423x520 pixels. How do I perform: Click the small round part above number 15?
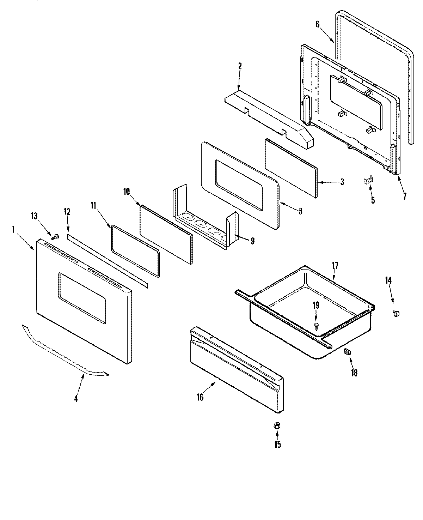click(277, 426)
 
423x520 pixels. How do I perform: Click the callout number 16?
click(200, 397)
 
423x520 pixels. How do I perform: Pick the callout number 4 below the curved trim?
click(76, 399)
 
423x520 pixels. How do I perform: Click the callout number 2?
click(240, 66)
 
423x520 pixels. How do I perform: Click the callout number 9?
click(252, 241)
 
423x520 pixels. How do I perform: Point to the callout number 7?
click(404, 196)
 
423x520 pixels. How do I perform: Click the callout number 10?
click(127, 192)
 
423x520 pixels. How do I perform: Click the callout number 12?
click(67, 212)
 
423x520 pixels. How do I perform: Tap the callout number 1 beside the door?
click(13, 229)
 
